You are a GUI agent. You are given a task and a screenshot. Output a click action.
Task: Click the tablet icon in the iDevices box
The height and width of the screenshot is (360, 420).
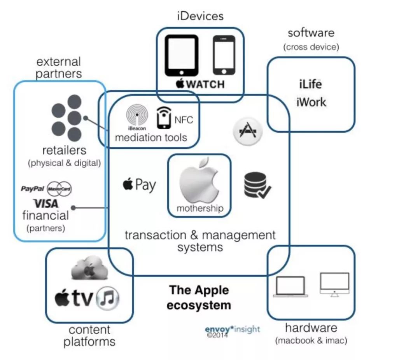coord(181,55)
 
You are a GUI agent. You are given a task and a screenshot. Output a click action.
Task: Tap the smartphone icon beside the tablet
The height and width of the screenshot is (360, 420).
coord(224,55)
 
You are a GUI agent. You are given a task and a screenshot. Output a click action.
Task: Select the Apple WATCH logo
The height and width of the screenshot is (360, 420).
coord(200,84)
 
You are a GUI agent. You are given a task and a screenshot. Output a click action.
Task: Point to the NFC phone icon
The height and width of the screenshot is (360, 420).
coord(164,118)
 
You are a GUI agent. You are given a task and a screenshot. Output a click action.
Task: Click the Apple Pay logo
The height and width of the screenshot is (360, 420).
coord(139,184)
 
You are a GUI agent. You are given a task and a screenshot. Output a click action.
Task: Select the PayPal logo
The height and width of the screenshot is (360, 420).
coord(32,189)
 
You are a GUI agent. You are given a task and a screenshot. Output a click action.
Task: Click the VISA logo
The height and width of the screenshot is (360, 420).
coord(46,203)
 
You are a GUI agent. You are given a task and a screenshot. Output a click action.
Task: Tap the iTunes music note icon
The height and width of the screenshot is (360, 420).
coord(108,299)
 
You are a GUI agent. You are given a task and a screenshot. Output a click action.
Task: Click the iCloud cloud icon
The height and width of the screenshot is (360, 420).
coord(88,268)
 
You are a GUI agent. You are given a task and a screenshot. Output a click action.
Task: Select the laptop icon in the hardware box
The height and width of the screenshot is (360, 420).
coord(290,287)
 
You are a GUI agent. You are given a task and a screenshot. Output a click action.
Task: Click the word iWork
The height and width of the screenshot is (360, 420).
coord(311,102)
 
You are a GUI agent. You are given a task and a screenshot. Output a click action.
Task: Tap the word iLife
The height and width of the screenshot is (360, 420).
coord(310,84)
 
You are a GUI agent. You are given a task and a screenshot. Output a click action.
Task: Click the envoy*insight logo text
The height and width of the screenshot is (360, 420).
coord(232,329)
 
